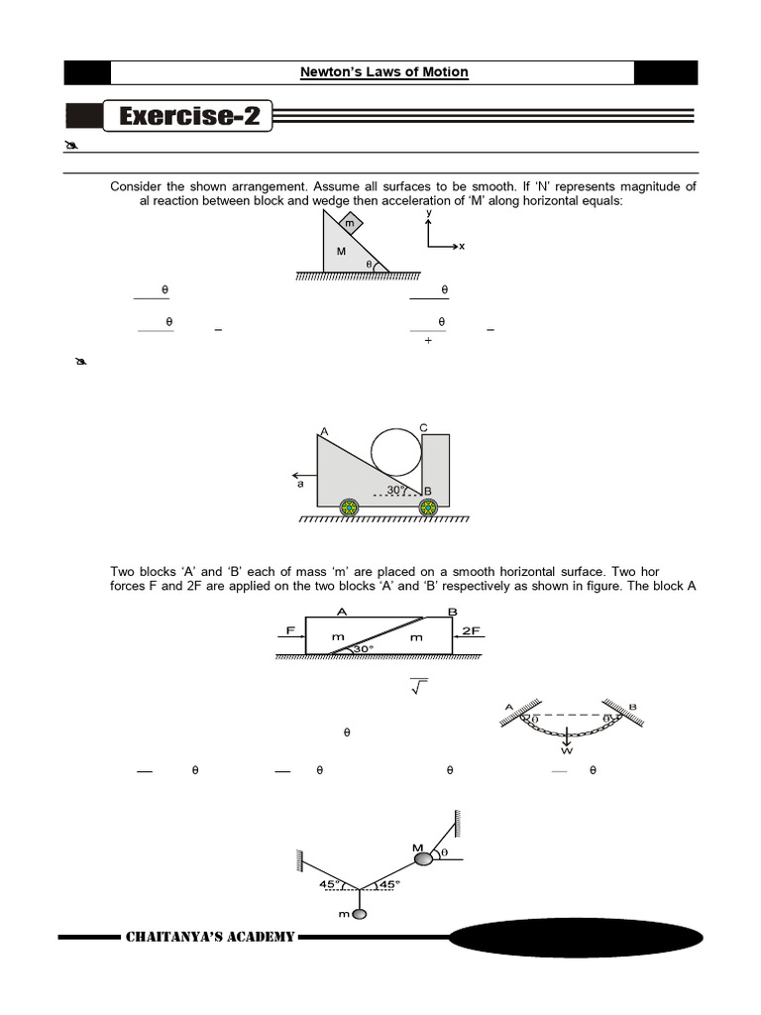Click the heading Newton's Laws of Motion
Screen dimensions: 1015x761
(x=383, y=72)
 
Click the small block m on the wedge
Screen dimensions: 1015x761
(x=349, y=225)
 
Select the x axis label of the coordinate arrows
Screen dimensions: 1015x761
(x=462, y=246)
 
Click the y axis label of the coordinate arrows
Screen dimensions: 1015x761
(x=428, y=213)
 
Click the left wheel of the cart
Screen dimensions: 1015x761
(x=349, y=507)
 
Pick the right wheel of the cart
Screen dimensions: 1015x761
(x=428, y=507)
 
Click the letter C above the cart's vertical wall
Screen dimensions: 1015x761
(x=423, y=427)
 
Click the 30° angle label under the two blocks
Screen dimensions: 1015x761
(x=362, y=650)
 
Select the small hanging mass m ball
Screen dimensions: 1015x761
(x=358, y=913)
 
